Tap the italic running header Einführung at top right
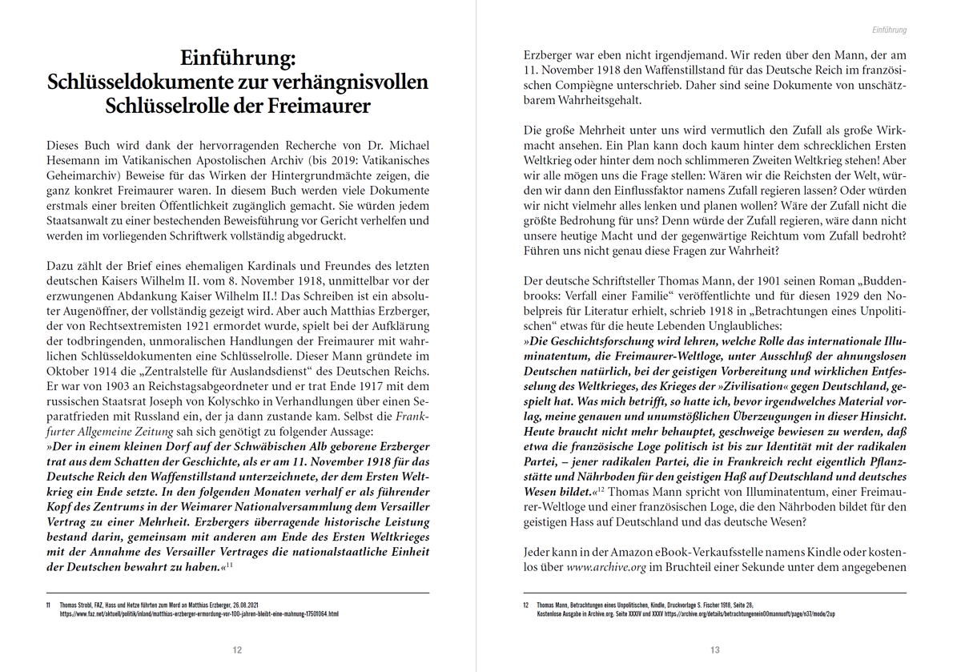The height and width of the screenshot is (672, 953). click(889, 30)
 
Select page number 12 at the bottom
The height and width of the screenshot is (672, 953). click(237, 650)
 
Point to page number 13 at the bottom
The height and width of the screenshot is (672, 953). click(715, 650)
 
